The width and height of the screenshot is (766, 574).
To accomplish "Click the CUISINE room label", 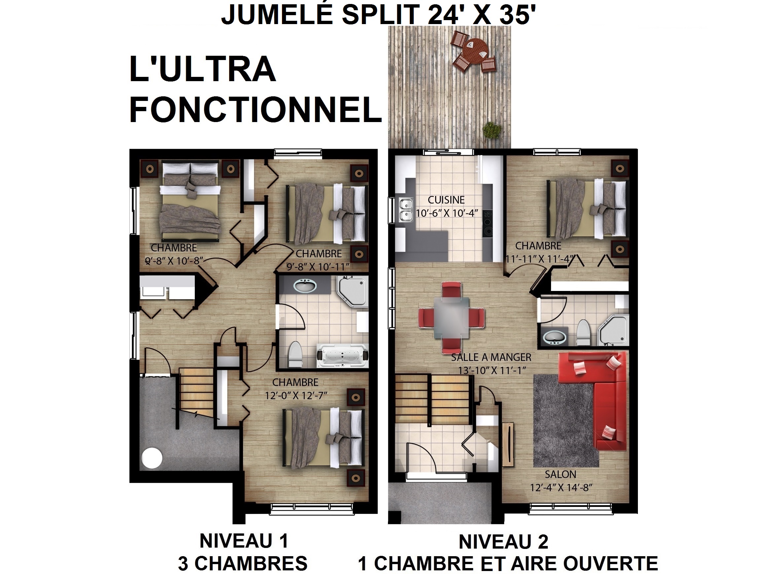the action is [446, 200].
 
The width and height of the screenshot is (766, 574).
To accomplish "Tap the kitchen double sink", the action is [406, 210].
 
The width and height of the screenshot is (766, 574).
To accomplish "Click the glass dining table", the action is [452, 318].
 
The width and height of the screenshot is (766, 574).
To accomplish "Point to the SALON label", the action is [560, 474].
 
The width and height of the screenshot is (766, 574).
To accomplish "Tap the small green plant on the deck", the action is [492, 130].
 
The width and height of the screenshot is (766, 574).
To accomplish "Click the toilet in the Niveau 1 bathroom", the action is [295, 354].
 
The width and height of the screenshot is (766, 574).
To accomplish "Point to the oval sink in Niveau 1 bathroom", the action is [305, 286].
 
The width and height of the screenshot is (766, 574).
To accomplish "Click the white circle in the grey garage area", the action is [152, 458].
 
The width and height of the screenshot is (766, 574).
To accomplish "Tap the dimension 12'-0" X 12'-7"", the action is [296, 395].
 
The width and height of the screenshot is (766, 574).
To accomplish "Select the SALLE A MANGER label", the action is [491, 357].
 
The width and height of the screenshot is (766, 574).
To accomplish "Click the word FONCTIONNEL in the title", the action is [256, 109].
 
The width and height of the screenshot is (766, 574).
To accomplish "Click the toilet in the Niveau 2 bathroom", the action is [583, 332].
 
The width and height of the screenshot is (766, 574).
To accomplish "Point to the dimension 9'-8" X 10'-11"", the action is [318, 267].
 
